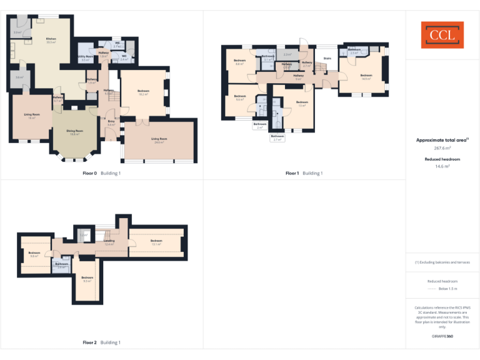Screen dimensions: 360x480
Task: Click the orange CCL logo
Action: (442, 35)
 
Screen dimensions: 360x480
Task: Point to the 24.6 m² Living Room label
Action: (159, 140)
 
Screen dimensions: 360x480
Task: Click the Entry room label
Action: (111, 123)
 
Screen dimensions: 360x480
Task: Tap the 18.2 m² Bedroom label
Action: (142, 92)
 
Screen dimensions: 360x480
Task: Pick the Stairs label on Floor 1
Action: (326, 59)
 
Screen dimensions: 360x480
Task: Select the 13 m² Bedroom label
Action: (302, 103)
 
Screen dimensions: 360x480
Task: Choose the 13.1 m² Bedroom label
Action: (156, 242)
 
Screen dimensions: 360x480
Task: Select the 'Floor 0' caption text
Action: (89, 173)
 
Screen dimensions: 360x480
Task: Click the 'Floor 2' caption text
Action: (89, 342)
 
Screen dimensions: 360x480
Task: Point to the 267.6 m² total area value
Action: (442, 149)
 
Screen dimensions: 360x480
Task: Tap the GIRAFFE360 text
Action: (442, 337)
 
